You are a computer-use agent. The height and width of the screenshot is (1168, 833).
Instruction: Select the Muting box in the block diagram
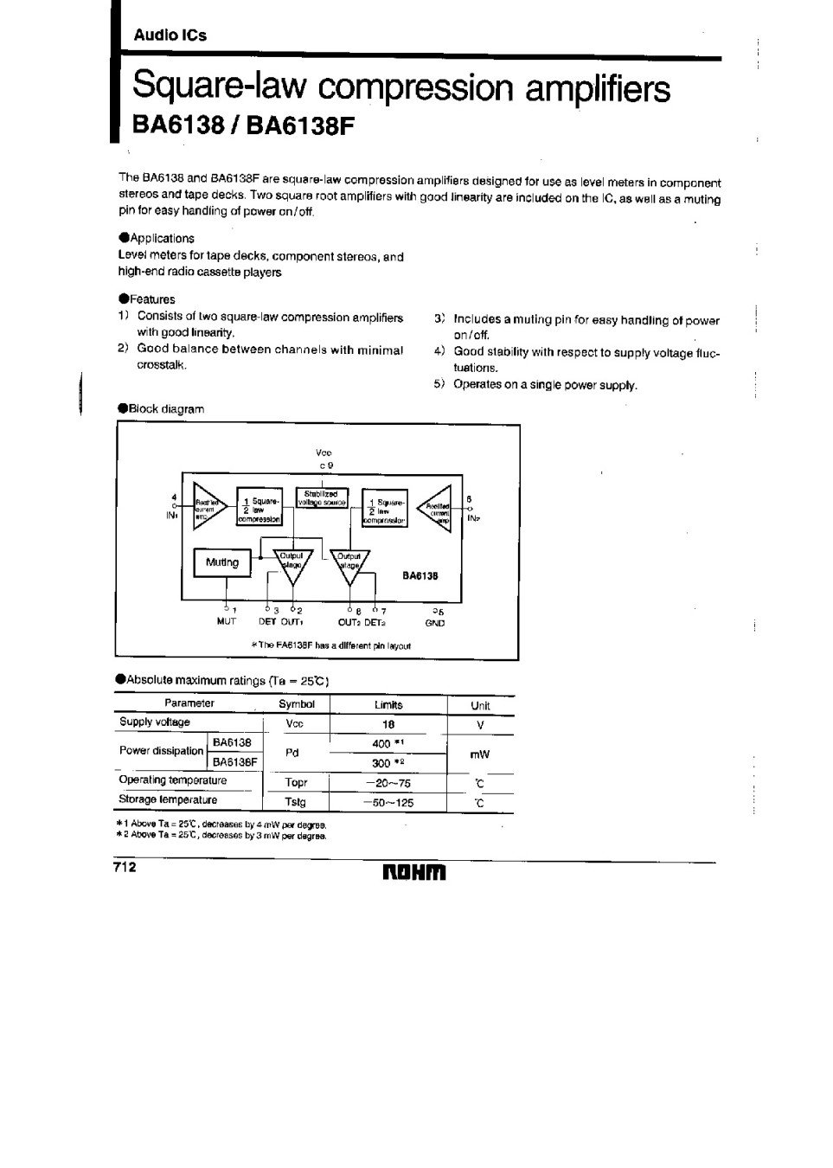pos(221,562)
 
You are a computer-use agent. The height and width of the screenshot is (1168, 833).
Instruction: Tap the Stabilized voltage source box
pos(322,497)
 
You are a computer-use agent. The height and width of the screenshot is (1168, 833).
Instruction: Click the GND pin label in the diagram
pos(434,622)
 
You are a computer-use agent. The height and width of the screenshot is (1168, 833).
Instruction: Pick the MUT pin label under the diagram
pos(226,621)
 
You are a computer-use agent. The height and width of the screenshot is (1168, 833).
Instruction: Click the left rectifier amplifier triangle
pos(208,504)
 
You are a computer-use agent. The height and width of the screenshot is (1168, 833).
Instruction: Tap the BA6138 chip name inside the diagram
pos(420,574)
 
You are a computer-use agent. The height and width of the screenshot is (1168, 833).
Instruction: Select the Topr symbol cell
pos(296,783)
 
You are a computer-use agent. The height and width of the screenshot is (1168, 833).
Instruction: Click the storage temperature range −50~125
pos(388,802)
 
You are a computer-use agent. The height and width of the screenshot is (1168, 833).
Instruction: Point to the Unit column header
pos(480,705)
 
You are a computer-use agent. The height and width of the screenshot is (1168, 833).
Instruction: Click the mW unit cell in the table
pos(479,754)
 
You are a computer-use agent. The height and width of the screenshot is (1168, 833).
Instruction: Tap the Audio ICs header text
pos(170,35)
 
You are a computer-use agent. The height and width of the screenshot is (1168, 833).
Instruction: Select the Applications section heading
pos(161,238)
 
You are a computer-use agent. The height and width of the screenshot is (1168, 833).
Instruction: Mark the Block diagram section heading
pos(166,408)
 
